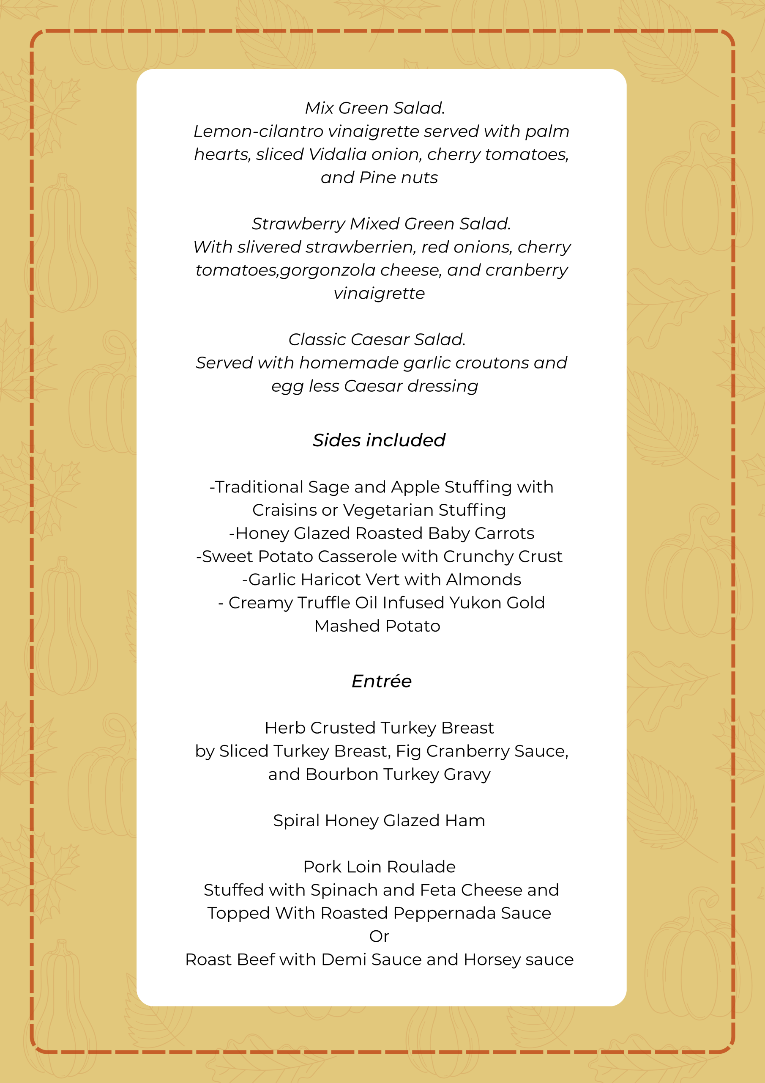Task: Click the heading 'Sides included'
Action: (379, 440)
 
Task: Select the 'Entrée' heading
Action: (381, 681)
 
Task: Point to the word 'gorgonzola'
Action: (327, 270)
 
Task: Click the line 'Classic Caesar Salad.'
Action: (377, 339)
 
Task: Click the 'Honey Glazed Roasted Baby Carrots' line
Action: (381, 533)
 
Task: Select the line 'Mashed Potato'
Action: (377, 626)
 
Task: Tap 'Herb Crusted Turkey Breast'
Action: (379, 728)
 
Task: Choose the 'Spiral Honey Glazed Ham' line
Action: (379, 821)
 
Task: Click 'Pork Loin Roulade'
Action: (379, 867)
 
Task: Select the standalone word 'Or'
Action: (379, 936)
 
